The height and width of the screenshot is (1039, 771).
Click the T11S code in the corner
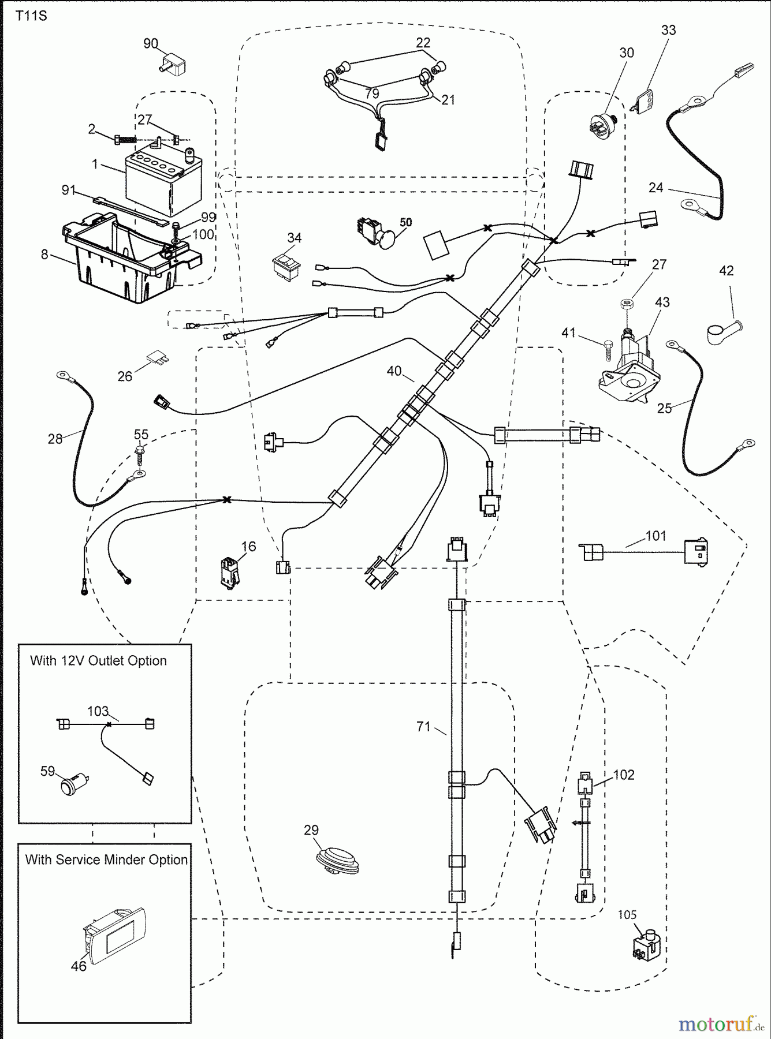tap(31, 16)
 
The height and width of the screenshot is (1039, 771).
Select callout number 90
tap(150, 44)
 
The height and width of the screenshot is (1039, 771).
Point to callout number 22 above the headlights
tap(423, 43)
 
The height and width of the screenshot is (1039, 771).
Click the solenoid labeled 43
tap(632, 369)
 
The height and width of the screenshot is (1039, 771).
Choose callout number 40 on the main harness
tap(394, 371)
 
